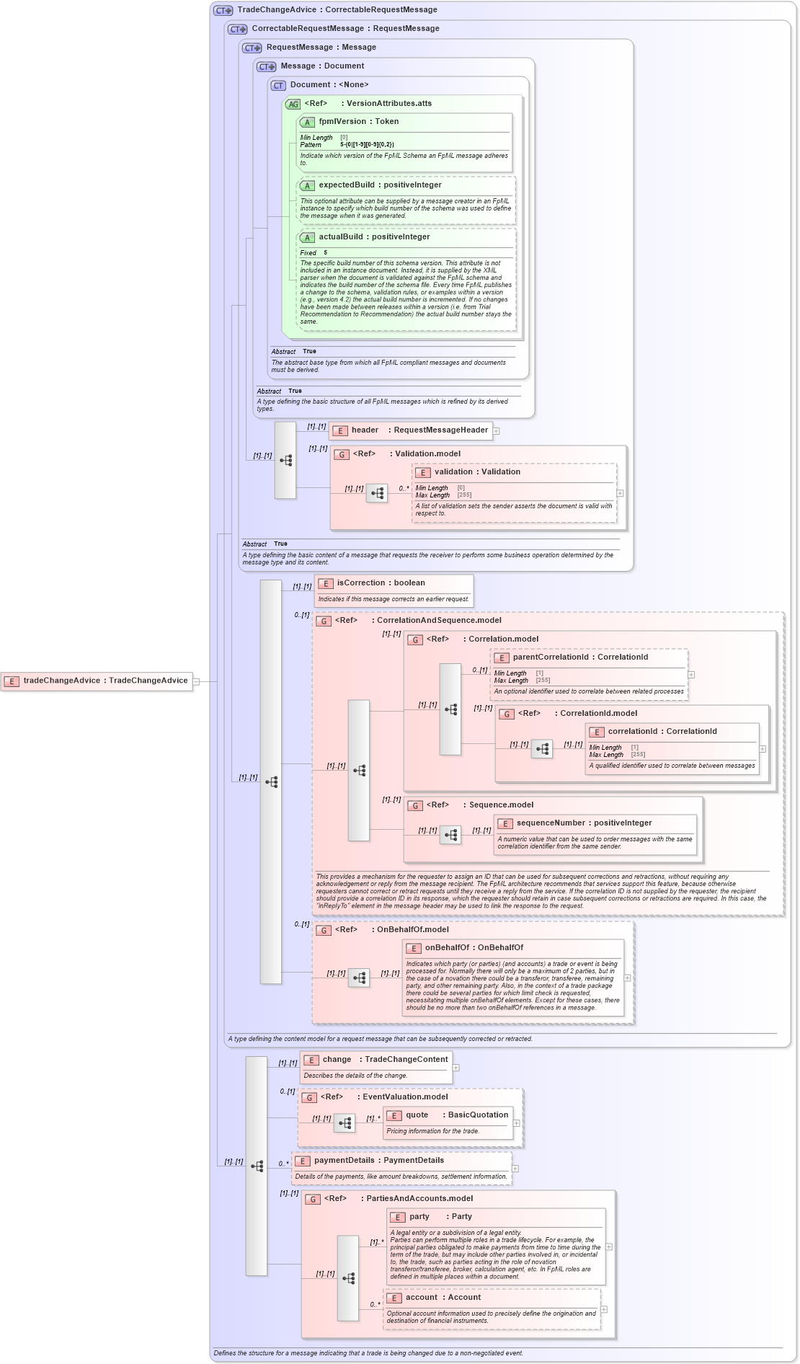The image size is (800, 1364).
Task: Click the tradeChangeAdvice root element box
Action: pyautogui.click(x=97, y=681)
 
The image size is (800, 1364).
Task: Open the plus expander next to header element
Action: pyautogui.click(x=496, y=431)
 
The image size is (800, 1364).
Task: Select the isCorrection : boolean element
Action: pyautogui.click(x=381, y=583)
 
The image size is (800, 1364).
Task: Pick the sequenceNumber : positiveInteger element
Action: pyautogui.click(x=584, y=823)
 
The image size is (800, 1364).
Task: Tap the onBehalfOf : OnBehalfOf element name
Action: pyautogui.click(x=474, y=948)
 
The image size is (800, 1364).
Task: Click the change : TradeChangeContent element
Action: pyautogui.click(x=376, y=1060)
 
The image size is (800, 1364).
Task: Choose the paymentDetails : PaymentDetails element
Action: pyautogui.click(x=378, y=1161)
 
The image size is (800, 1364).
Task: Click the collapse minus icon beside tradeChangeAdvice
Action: pyautogui.click(x=196, y=681)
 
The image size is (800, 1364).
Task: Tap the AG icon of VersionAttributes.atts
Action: pyautogui.click(x=293, y=105)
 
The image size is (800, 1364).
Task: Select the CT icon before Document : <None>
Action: pyautogui.click(x=278, y=86)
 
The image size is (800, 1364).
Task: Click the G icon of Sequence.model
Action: pyautogui.click(x=414, y=806)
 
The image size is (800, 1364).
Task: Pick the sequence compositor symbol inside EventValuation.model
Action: pyautogui.click(x=345, y=1123)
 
